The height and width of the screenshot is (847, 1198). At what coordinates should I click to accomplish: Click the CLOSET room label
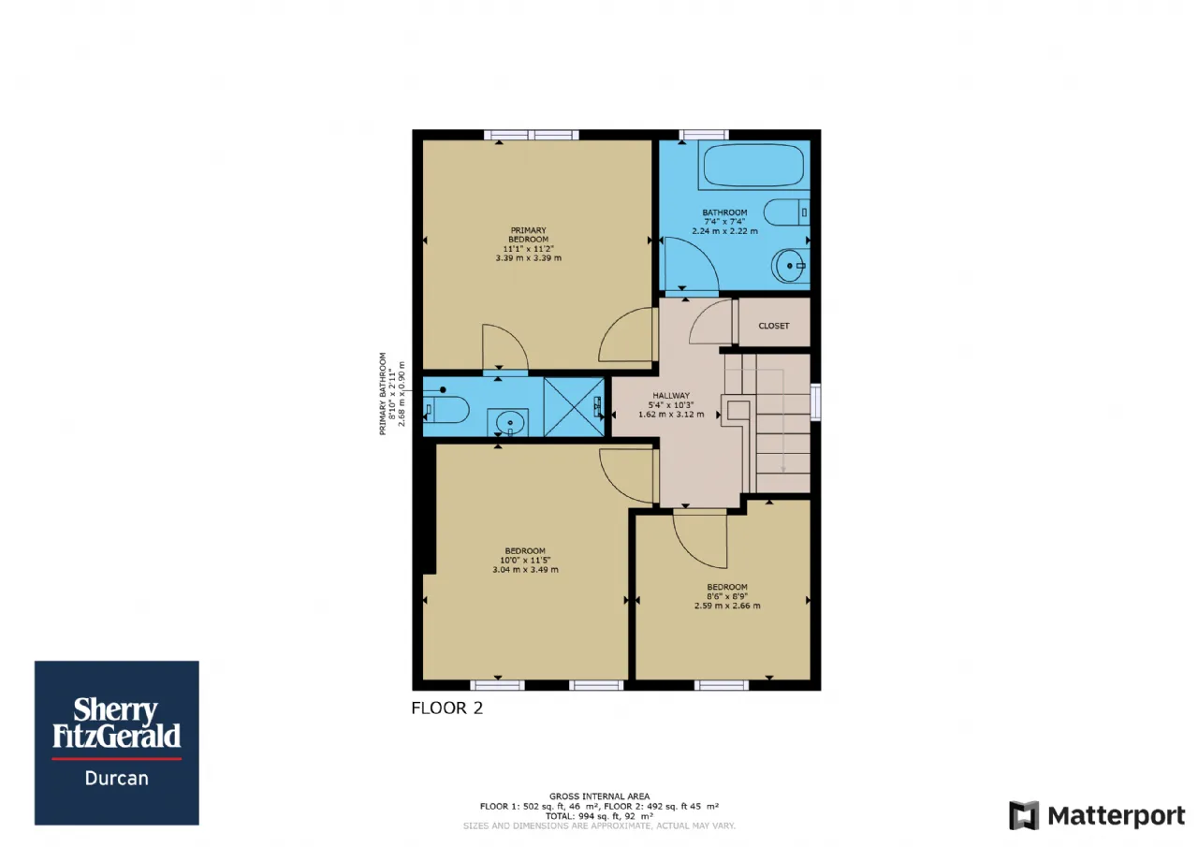point(773,326)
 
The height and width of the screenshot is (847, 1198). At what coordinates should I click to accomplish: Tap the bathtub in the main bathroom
point(753,165)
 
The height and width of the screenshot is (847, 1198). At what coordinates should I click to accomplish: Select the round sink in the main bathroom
point(789,266)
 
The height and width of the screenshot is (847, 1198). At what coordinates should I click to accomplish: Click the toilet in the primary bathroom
point(446,410)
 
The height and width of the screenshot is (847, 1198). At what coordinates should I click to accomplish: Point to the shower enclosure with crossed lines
point(574,407)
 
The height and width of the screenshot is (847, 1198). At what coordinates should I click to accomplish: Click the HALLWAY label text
point(671,396)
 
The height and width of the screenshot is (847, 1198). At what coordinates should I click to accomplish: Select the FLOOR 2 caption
point(447,708)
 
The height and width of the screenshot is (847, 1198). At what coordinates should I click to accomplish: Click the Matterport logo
point(1097,816)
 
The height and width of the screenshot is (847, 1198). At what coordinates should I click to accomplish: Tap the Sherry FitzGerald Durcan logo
point(117,743)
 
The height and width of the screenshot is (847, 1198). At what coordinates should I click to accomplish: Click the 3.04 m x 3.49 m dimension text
point(525,570)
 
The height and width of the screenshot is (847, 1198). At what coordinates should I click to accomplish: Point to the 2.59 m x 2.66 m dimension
point(727,606)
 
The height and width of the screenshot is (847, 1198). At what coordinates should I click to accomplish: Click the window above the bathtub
point(704,135)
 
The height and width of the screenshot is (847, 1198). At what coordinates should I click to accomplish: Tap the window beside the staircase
point(815,402)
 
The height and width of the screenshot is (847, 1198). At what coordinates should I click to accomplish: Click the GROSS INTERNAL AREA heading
point(599,796)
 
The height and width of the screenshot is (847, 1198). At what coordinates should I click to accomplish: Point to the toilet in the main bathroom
point(787,212)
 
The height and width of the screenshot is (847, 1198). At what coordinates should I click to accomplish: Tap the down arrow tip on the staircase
point(783,472)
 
